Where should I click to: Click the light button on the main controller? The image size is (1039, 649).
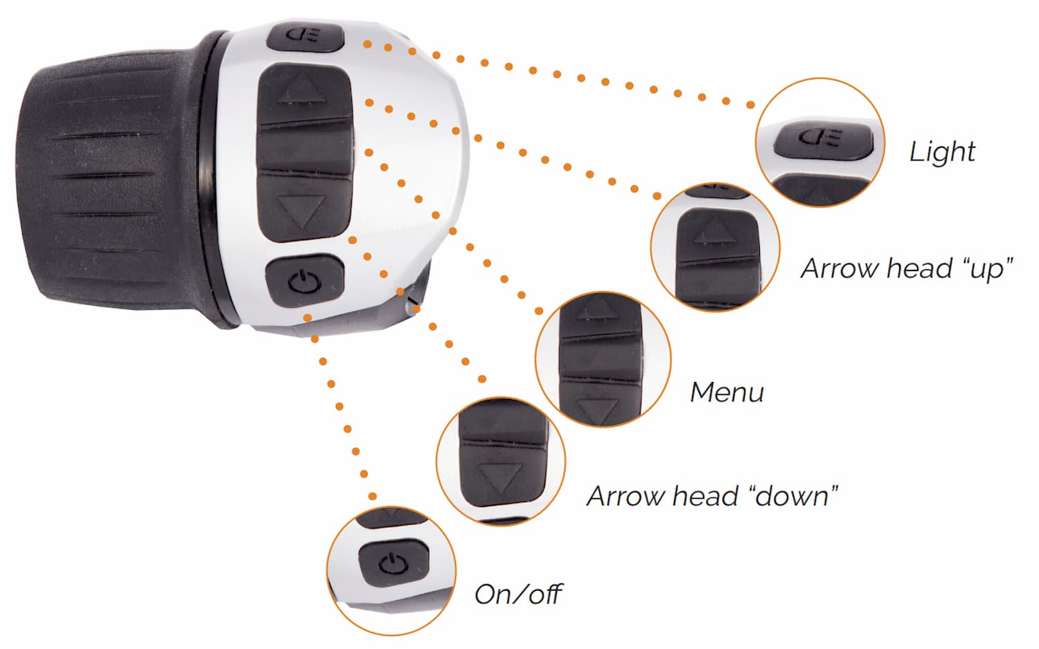(305, 37)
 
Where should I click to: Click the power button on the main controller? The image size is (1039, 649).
(305, 280)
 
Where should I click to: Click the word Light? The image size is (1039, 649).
(942, 152)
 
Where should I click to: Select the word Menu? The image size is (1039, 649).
(727, 392)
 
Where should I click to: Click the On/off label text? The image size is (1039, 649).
(518, 594)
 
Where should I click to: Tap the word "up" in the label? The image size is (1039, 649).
(988, 268)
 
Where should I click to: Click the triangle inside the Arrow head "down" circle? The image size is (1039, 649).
(500, 477)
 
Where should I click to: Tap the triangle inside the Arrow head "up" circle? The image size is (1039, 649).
(716, 232)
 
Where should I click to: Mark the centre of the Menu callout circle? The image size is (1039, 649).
(603, 359)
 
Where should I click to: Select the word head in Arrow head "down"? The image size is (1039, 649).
(705, 496)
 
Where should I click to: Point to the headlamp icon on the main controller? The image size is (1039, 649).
(305, 36)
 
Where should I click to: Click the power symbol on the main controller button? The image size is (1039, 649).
(305, 282)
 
